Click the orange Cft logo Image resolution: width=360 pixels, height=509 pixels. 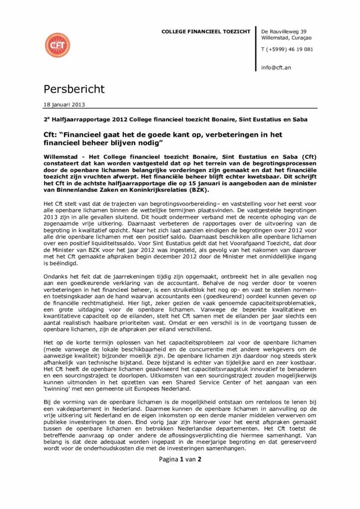[58, 45]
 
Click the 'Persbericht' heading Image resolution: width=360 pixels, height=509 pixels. [74, 89]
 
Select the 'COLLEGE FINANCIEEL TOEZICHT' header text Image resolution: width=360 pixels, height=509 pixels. [206, 32]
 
